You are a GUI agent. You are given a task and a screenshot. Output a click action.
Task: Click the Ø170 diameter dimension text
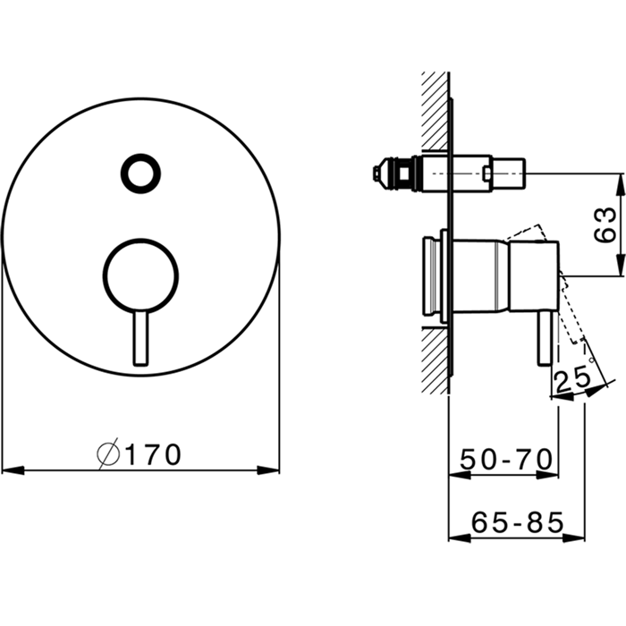(140, 453)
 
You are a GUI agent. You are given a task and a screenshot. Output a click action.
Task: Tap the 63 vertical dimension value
(605, 224)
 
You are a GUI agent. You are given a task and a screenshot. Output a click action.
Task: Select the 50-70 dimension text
(506, 460)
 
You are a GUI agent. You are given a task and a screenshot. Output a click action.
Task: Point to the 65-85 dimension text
(518, 522)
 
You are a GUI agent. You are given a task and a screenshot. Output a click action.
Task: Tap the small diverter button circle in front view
(141, 173)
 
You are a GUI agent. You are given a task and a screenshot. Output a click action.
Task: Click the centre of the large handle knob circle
(140, 275)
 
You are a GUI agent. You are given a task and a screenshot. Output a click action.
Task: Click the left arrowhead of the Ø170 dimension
(13, 469)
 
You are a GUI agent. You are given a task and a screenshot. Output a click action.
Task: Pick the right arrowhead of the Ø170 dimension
(268, 469)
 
